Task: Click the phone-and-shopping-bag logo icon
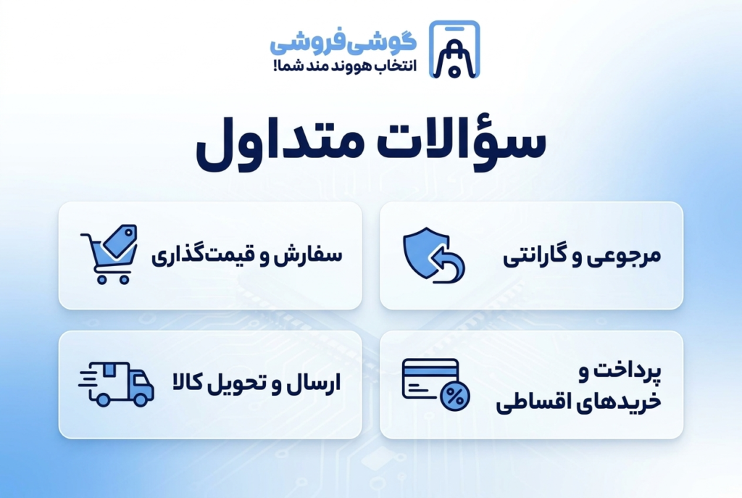click(x=454, y=49)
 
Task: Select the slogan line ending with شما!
click(x=345, y=66)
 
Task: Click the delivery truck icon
click(x=116, y=384)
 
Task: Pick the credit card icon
click(x=430, y=378)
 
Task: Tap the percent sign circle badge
click(x=455, y=396)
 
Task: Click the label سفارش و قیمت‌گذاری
click(x=247, y=256)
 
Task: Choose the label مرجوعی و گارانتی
click(x=582, y=256)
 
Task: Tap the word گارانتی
click(x=534, y=256)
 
